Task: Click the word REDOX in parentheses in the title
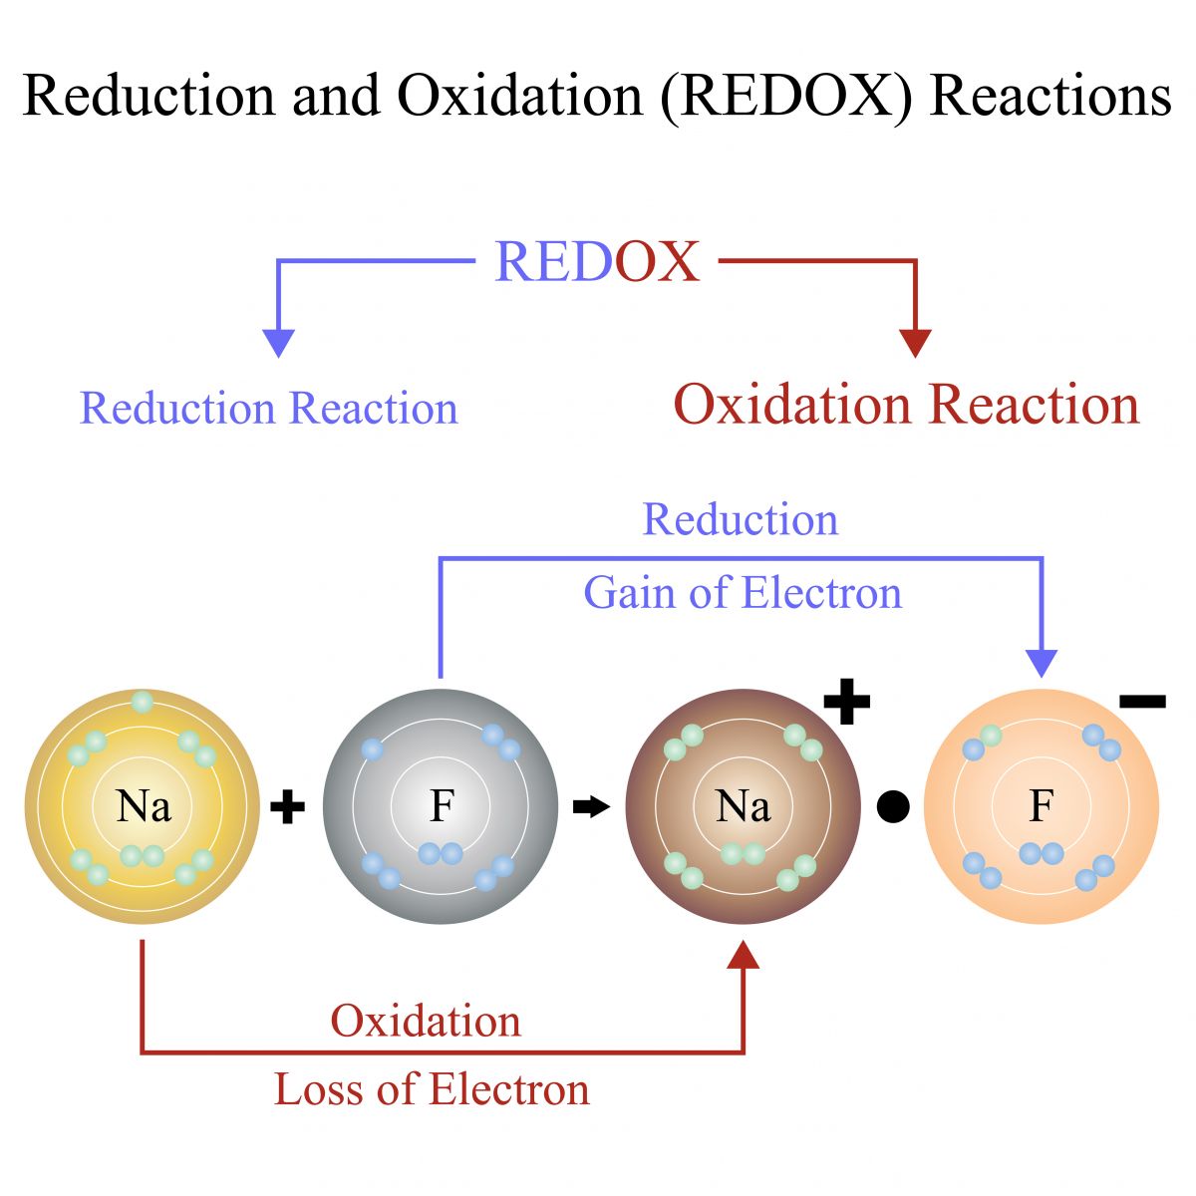pyautogui.click(x=785, y=97)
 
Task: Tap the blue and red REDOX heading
pyautogui.click(x=597, y=261)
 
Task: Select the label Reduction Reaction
pyautogui.click(x=269, y=408)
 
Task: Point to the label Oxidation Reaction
pyautogui.click(x=906, y=404)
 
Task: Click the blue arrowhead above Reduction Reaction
pyautogui.click(x=279, y=343)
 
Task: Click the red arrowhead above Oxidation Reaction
pyautogui.click(x=915, y=343)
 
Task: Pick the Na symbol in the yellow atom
pyautogui.click(x=144, y=806)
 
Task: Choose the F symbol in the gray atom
pyautogui.click(x=442, y=805)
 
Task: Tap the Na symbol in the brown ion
pyautogui.click(x=743, y=806)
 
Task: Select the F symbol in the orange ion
pyautogui.click(x=1042, y=805)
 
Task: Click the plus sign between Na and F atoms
pyautogui.click(x=287, y=807)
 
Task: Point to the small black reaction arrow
pyautogui.click(x=591, y=807)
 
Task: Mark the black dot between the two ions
pyautogui.click(x=893, y=807)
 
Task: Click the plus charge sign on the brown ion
pyautogui.click(x=846, y=702)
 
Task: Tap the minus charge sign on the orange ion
pyautogui.click(x=1142, y=702)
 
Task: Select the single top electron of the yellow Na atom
pyautogui.click(x=143, y=702)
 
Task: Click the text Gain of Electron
pyautogui.click(x=743, y=593)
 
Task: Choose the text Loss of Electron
pyautogui.click(x=432, y=1089)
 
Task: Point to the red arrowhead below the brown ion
pyautogui.click(x=743, y=955)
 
